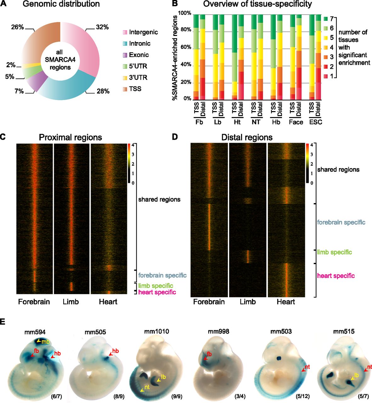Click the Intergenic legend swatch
click(x=125, y=32)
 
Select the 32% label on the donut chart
click(x=102, y=27)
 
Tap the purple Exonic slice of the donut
click(x=33, y=84)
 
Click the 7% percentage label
click(x=19, y=91)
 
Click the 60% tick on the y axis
click(x=185, y=48)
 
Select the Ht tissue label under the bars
click(x=237, y=122)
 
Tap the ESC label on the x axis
click(x=316, y=122)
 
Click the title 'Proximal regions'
click(x=70, y=138)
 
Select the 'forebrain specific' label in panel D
click(x=341, y=223)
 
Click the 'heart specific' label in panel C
click(x=157, y=292)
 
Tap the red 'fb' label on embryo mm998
click(x=209, y=354)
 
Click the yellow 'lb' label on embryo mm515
click(x=356, y=375)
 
